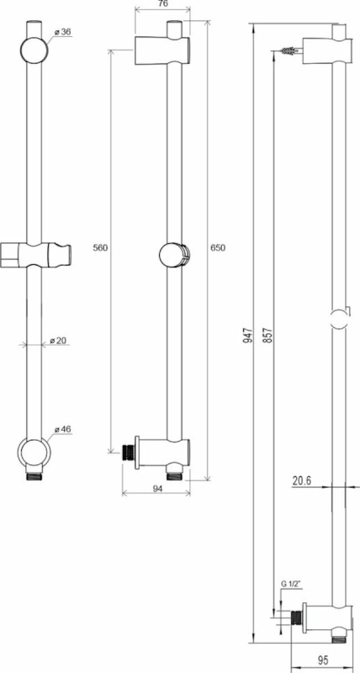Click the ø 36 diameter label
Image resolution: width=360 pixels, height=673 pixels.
pos(62,33)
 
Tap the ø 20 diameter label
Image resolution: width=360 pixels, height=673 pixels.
pos(58,341)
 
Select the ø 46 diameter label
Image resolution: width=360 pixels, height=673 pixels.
pos(62,429)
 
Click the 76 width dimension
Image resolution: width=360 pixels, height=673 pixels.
pos(162,4)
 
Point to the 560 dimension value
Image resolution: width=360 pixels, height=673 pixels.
pos(100,247)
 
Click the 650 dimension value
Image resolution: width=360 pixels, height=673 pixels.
pos(218,247)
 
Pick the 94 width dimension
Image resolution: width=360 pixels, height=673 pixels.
pos(156,487)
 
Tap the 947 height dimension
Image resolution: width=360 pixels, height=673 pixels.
pos(248,335)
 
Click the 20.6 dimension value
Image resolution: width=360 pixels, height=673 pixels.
pos(302,481)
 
